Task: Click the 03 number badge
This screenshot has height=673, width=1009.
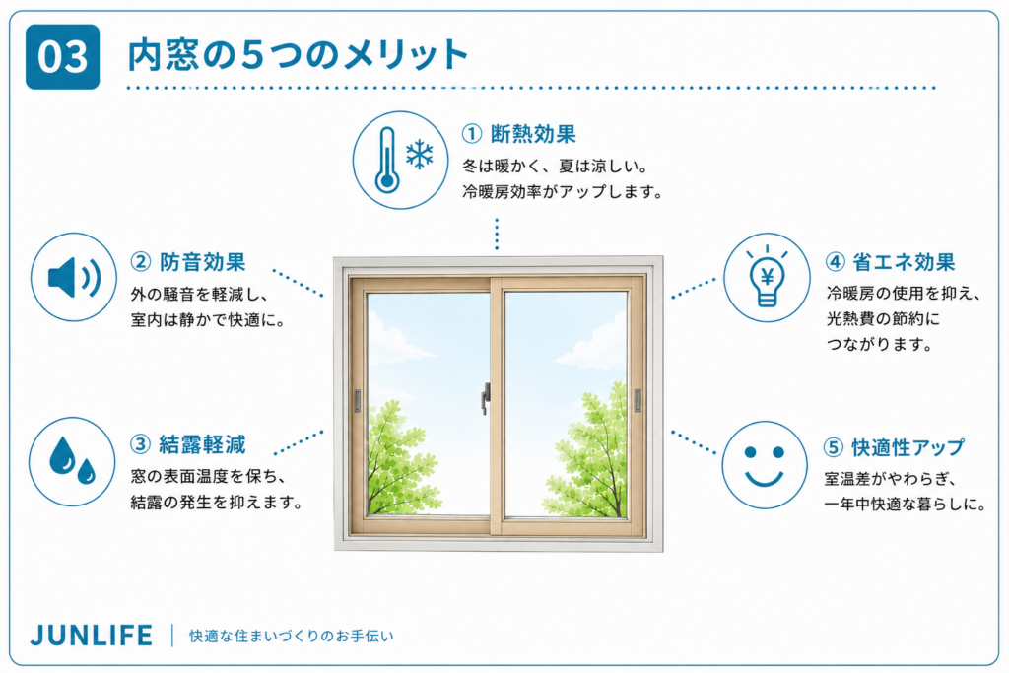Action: (x=62, y=56)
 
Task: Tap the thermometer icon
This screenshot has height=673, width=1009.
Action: (x=386, y=160)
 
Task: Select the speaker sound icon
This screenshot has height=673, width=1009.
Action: (x=74, y=277)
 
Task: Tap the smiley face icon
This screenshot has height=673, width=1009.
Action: (x=765, y=464)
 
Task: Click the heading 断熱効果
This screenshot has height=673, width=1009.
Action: (x=533, y=134)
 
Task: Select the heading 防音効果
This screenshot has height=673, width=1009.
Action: (x=203, y=262)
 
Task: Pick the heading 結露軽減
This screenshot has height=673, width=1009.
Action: (x=202, y=444)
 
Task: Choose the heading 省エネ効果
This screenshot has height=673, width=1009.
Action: (x=904, y=262)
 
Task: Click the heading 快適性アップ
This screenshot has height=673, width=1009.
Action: (x=908, y=447)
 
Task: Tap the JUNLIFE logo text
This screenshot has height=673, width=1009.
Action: (x=92, y=636)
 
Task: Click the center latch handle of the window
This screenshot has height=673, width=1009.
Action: (x=486, y=398)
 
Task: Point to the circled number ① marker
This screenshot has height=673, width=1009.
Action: (x=472, y=134)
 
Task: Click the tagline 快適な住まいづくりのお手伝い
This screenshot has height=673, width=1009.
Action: (x=291, y=636)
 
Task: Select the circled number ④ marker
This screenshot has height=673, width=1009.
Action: (x=835, y=262)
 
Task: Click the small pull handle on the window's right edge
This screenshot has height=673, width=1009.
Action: (x=638, y=400)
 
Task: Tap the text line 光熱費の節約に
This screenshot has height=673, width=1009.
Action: (x=882, y=318)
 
